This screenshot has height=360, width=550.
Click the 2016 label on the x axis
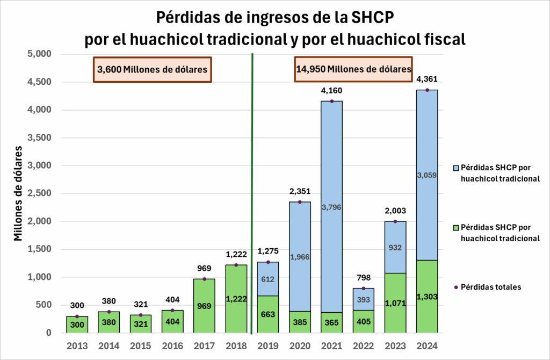[x=172, y=346]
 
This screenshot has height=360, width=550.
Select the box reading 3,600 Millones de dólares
[x=153, y=69]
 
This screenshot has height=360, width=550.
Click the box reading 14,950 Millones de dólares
[x=353, y=69]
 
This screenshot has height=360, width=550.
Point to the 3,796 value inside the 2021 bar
[x=331, y=207]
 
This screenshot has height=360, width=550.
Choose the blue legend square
[x=456, y=168]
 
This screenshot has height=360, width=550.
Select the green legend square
[x=456, y=228]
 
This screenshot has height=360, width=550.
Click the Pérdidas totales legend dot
[x=456, y=287]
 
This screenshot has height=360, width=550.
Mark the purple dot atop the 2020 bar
[x=300, y=202]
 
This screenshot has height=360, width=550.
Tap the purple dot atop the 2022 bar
[x=364, y=289]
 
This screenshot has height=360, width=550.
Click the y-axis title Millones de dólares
[x=18, y=192]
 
